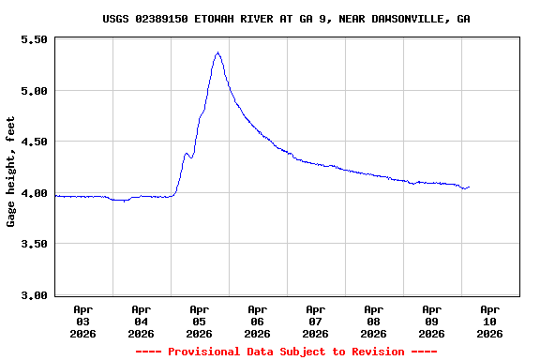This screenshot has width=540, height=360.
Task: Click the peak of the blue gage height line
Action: tap(217, 52)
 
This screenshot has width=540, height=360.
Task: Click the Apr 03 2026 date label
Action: tap(83, 321)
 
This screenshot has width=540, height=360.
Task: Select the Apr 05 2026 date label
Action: tap(200, 321)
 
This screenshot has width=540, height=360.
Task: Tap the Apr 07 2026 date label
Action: tap(316, 321)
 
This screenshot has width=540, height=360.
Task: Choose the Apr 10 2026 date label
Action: tap(490, 321)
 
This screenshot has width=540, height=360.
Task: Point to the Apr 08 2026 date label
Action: tap(374, 321)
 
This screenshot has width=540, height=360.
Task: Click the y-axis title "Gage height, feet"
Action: tap(11, 172)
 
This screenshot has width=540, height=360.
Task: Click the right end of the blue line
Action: tap(469, 187)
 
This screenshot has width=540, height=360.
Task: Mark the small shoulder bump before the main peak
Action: tap(187, 153)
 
